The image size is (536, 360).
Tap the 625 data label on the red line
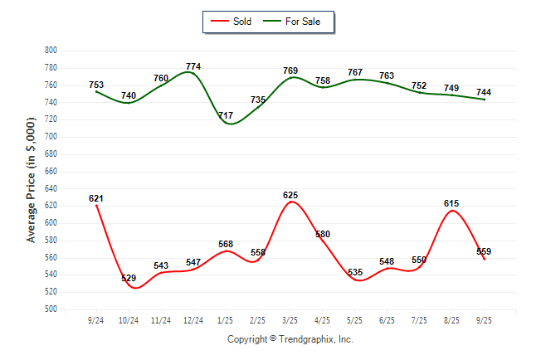(290, 195)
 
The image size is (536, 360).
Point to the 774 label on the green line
(193, 66)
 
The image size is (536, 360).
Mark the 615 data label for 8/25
(451, 203)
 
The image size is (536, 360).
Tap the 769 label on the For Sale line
(290, 71)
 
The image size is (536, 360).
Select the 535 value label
(355, 272)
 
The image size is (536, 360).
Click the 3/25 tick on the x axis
(290, 319)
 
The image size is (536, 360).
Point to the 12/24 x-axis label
(193, 319)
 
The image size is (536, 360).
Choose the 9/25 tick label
(485, 319)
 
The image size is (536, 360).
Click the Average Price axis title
(32, 180)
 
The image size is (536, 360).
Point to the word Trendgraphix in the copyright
(308, 339)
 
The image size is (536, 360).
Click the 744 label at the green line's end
(485, 92)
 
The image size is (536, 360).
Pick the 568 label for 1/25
(226, 244)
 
